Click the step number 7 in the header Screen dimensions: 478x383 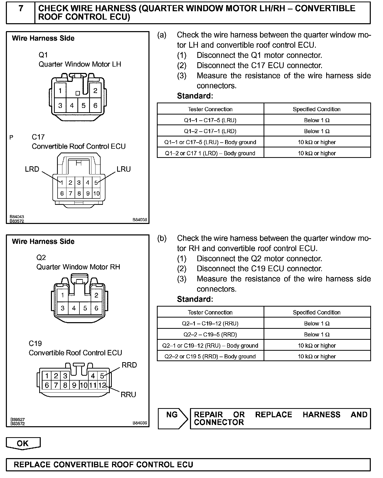pos(21,9)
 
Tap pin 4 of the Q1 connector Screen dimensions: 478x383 pos(72,105)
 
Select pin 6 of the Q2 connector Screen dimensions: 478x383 pos(96,308)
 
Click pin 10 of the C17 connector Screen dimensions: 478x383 pos(96,193)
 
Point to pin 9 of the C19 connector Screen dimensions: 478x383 pos(74,385)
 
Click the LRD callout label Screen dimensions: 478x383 pos(32,169)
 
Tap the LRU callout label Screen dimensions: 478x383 pos(124,169)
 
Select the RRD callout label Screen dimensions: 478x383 pos(129,365)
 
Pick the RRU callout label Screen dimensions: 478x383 pos(128,394)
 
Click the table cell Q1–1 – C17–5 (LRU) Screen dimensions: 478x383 pos(210,120)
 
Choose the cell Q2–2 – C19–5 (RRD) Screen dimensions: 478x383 pos(210,334)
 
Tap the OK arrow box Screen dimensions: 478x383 pos(23,443)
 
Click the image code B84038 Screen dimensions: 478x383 pos(140,220)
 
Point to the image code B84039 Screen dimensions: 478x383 pos(140,423)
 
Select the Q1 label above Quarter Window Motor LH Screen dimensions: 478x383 pos(43,55)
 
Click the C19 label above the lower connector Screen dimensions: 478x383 pos(35,343)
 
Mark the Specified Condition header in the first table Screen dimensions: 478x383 pos(317,109)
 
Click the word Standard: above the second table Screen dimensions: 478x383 pos(195,299)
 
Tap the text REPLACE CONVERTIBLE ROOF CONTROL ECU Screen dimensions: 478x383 pos(103,464)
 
